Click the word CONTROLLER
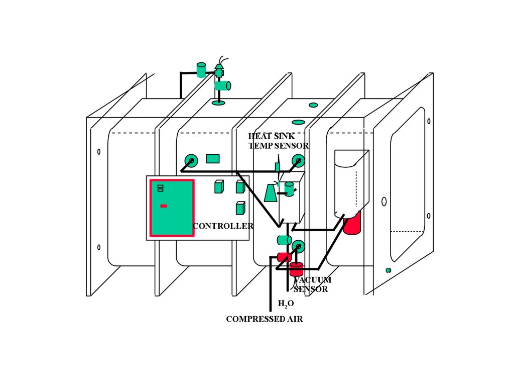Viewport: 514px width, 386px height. coord(223,226)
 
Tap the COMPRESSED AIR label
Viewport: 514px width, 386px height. coord(264,319)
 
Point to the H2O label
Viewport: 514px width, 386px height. coord(286,304)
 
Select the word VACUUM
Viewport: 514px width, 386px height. coord(313,280)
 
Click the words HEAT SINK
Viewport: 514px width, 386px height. coord(272,136)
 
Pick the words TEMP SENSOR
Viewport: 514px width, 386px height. coord(279,146)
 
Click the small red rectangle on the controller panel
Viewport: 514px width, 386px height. coord(164,206)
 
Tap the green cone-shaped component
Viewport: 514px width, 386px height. coord(271,192)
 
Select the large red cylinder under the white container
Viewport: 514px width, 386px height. coord(352,223)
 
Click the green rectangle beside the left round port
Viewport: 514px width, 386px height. coord(213,159)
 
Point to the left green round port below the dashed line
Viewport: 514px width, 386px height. coord(190,160)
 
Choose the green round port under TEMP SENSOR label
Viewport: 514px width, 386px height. coord(298,161)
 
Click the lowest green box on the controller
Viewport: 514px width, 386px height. coord(240,208)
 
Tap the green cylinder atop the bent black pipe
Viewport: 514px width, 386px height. coord(201,70)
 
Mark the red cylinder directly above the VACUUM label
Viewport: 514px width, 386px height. coord(296,269)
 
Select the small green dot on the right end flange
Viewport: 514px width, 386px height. coord(388,270)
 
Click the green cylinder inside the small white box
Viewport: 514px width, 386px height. coord(289,189)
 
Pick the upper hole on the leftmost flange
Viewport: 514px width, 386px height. coord(99,151)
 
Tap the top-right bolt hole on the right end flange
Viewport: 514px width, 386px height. coord(429,121)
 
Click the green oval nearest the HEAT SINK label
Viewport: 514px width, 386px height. coord(298,122)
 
